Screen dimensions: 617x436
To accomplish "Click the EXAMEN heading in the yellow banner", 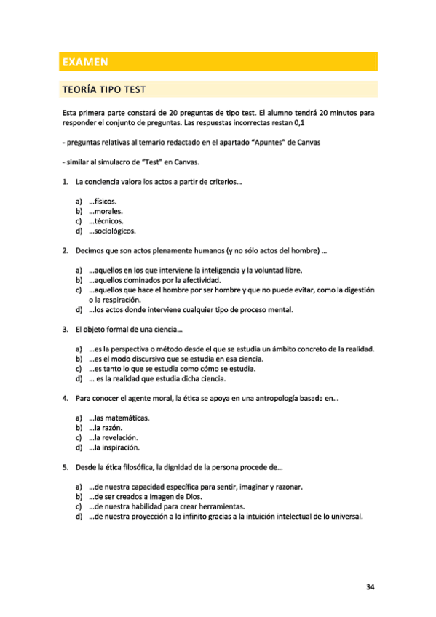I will point(84,63).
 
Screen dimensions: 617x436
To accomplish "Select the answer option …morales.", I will point(106,211).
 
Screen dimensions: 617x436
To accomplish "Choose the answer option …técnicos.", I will point(106,220).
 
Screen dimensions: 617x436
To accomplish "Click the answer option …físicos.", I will point(103,201).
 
